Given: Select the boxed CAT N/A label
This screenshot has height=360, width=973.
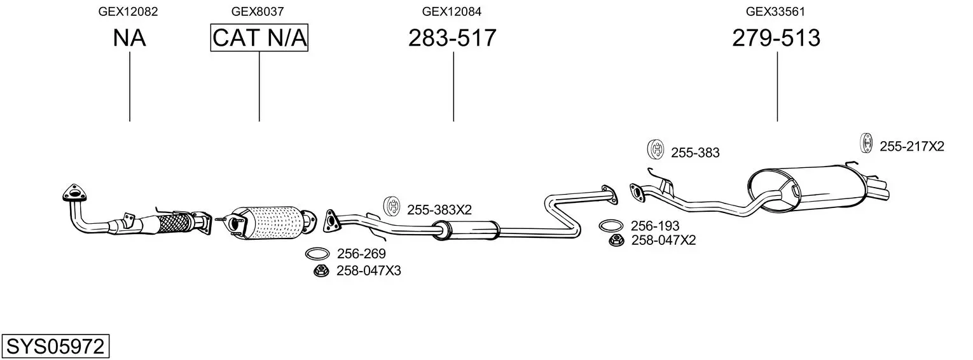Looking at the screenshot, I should coord(259,38).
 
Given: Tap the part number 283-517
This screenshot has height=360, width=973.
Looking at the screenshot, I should coord(452,38).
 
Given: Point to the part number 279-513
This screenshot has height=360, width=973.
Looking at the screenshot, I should coord(776,38).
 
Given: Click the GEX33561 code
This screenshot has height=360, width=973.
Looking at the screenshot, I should coord(776,11).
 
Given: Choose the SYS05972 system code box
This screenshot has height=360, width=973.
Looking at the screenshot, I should coord(55,347).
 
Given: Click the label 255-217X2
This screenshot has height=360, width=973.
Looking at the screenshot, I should coord(911,146).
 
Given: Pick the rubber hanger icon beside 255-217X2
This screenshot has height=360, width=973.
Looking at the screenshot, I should coord(866,144).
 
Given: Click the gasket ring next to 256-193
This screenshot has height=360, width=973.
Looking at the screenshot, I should coord(611,226).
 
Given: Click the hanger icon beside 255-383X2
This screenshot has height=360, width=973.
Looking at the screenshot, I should coord(392,207).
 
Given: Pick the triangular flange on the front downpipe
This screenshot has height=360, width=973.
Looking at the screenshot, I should coord(75,193).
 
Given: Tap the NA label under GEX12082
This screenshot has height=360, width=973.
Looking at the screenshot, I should coord(129,38).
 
